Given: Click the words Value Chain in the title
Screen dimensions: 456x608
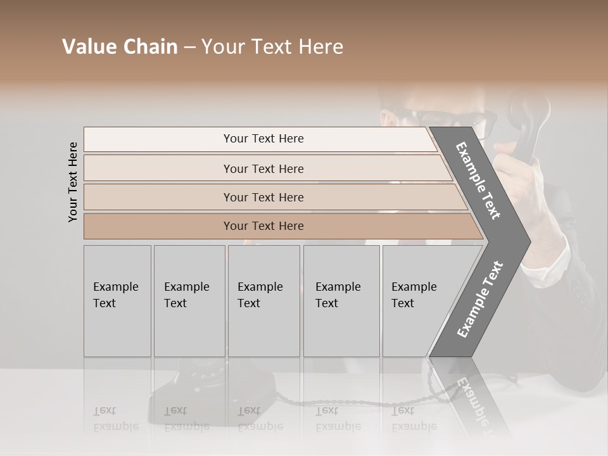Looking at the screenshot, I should click(120, 47).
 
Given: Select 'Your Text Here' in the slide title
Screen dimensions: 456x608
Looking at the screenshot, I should click(272, 47).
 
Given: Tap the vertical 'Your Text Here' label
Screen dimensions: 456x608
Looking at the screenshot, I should click(73, 182).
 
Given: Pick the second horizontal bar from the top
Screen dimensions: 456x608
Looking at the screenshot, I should click(263, 168).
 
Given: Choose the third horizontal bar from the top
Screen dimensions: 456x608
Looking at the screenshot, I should click(263, 197).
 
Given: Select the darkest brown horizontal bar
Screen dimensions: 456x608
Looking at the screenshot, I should click(263, 226).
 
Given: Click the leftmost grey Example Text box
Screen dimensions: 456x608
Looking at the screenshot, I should click(117, 301).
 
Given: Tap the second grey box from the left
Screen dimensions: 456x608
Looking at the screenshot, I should click(189, 301).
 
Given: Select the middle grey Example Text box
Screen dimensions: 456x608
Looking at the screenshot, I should click(263, 301).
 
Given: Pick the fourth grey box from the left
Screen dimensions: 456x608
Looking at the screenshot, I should click(341, 301).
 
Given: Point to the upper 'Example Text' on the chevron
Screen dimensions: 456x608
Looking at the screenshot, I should click(478, 180).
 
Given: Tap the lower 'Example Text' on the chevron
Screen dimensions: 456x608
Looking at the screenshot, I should click(479, 300).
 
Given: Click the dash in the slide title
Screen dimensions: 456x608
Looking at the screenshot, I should click(189, 47).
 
